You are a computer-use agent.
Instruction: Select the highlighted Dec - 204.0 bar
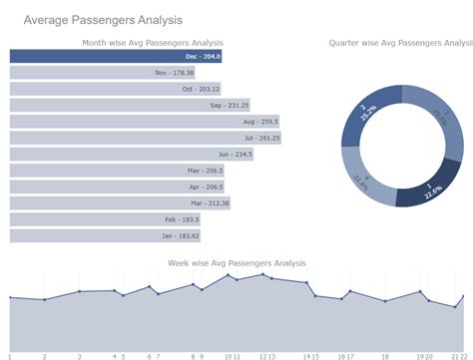[x=116, y=57]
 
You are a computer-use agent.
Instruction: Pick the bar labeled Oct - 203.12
[x=115, y=89]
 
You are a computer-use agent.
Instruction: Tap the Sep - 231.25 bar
[x=130, y=105]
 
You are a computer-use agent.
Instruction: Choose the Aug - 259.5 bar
[x=144, y=122]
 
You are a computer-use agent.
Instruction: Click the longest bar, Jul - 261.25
[x=145, y=138]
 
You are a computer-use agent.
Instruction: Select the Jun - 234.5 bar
[x=132, y=155]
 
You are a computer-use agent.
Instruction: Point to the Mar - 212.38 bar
[x=121, y=203]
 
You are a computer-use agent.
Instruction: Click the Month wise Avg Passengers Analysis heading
[x=152, y=43]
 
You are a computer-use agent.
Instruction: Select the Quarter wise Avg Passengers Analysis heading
[x=400, y=43]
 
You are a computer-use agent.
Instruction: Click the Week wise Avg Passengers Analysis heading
[x=236, y=263]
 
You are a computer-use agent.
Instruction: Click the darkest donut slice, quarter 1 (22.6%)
[x=428, y=187]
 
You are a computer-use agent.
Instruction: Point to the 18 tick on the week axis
[x=385, y=356]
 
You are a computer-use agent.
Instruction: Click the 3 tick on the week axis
[x=80, y=356]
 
